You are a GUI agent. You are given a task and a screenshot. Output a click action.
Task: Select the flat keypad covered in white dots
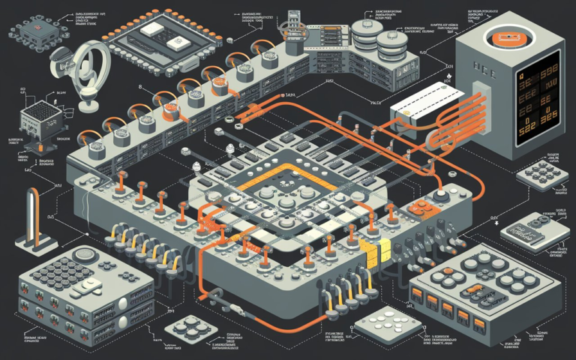point(382,322)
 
